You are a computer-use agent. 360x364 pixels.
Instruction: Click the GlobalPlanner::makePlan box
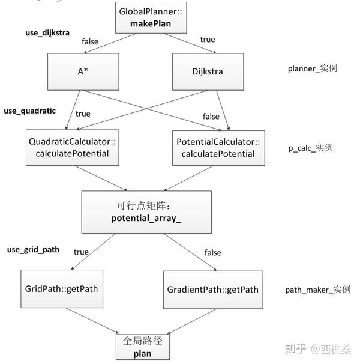tap(151, 17)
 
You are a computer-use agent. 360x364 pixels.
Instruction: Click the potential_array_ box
tap(146, 211)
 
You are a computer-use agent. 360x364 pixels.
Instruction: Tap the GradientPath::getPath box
tap(212, 290)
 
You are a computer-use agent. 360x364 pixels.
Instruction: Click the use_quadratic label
tap(29, 111)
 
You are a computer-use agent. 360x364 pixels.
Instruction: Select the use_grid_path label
tap(33, 249)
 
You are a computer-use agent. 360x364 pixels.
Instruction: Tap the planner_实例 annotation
tap(312, 68)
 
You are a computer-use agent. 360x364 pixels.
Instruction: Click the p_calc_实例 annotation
tap(310, 148)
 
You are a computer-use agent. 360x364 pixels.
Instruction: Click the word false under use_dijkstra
tap(90, 41)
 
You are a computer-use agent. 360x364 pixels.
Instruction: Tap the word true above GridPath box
tap(81, 252)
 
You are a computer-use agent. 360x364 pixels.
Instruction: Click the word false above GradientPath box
tap(212, 253)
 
